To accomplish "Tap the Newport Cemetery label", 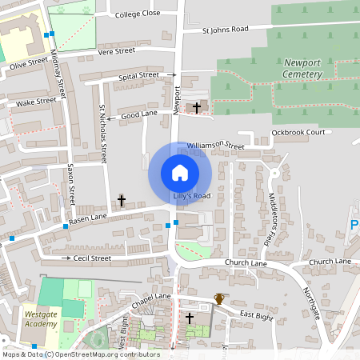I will pos(302,68).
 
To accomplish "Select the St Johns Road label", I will pos(225,29).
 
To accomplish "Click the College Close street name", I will pos(138,14).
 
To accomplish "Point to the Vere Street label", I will pos(116,50).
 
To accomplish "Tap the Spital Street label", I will pos(138,75).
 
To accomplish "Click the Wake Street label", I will pos(37,102).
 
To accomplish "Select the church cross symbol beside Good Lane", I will pos(197,106).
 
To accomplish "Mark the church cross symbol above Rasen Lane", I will pos(122,200).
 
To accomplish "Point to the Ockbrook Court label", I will pos(298,132).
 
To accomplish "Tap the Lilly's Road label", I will pos(191,196).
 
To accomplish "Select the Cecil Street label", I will pos(92,258).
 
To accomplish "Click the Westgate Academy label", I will pos(41,318).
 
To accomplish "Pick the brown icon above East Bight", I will pos(219,299).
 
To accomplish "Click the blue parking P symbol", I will pos(354,226).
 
